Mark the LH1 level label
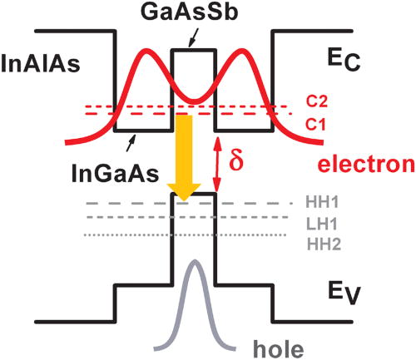(x=320, y=222)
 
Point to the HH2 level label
(x=320, y=241)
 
